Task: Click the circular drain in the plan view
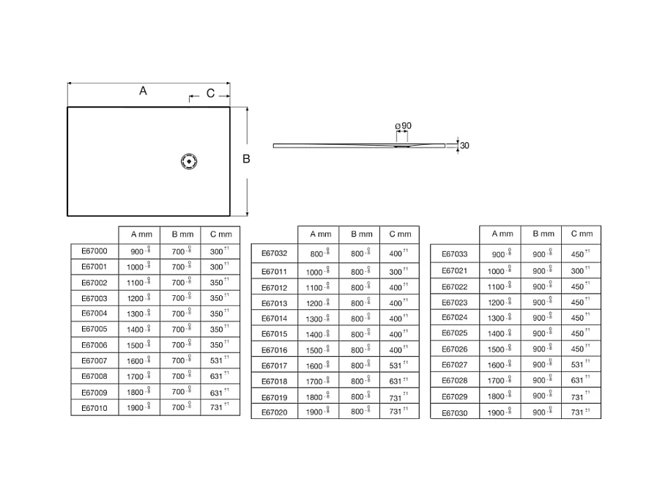tap(190, 161)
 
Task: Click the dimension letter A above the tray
tap(144, 91)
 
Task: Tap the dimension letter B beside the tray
tap(247, 159)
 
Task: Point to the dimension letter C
tap(210, 93)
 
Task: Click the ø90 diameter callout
tap(404, 126)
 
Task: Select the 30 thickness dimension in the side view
tap(464, 145)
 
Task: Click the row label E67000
tap(94, 251)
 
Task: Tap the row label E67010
tap(94, 408)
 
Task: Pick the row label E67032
tap(275, 254)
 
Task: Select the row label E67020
tap(275, 412)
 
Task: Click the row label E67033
tap(455, 254)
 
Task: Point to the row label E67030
tap(455, 413)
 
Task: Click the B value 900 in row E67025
tap(540, 333)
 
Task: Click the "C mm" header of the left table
tap(220, 234)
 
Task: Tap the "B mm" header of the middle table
tap(360, 234)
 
